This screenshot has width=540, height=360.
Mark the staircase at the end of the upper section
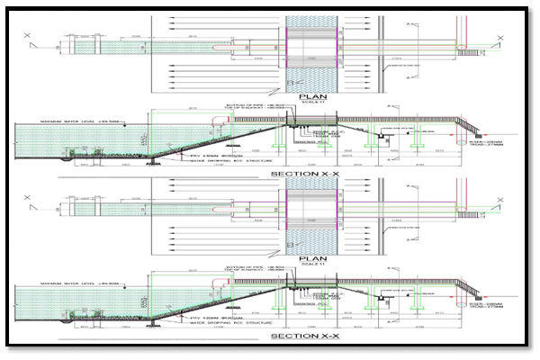tap(469, 128)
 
